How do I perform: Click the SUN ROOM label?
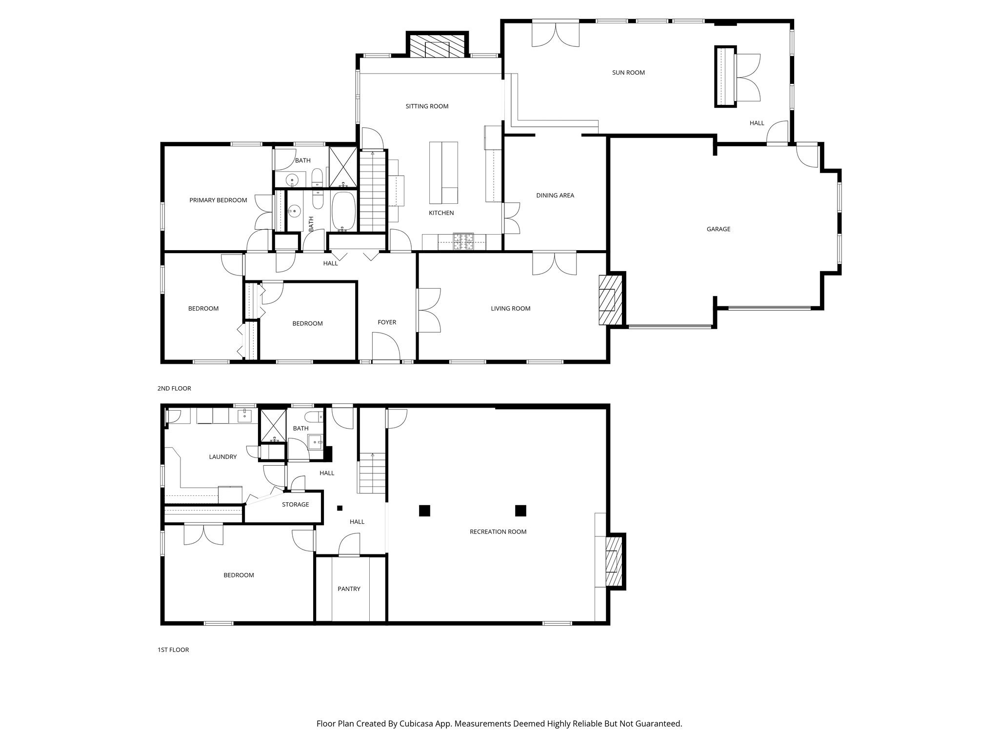[x=628, y=73]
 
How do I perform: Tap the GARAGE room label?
[x=719, y=229]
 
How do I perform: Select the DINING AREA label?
[x=555, y=196]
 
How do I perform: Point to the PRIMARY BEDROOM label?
[x=218, y=200]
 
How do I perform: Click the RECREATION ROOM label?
[x=498, y=532]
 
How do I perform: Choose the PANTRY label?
[x=349, y=589]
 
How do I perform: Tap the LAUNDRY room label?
[x=222, y=457]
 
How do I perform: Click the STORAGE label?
[x=295, y=505]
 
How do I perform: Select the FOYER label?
[x=387, y=322]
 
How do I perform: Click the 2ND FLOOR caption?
[x=174, y=389]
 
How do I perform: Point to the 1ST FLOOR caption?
[x=173, y=650]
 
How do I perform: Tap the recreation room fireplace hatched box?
[x=614, y=561]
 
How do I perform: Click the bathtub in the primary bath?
[x=344, y=211]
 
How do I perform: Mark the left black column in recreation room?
[x=424, y=511]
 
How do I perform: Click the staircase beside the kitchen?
[x=373, y=190]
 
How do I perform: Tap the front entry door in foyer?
[x=386, y=347]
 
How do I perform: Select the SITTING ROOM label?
[x=427, y=106]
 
